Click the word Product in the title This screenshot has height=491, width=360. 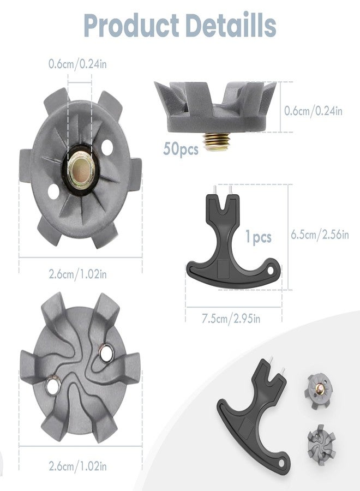click(131, 26)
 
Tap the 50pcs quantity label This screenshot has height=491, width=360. click(181, 149)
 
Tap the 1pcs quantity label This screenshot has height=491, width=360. click(258, 237)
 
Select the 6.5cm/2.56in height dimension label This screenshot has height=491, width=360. click(320, 235)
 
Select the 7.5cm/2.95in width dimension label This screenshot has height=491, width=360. click(231, 319)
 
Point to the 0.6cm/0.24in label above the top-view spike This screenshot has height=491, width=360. click(77, 64)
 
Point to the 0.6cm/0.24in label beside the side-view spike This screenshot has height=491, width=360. click(313, 111)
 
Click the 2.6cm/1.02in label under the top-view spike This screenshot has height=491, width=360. click(77, 274)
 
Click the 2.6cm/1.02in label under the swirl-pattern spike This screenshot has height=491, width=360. click(77, 466)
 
